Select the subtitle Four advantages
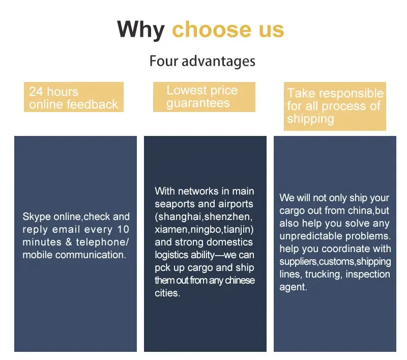pyautogui.click(x=202, y=62)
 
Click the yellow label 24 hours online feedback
pyautogui.click(x=74, y=98)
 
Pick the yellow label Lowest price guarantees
pyautogui.click(x=203, y=97)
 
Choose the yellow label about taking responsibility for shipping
pyautogui.click(x=335, y=106)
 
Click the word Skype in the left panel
pyautogui.click(x=37, y=217)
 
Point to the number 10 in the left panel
pyautogui.click(x=123, y=230)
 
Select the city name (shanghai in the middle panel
pyautogui.click(x=179, y=216)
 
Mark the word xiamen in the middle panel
pyautogui.click(x=171, y=229)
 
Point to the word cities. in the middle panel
pyautogui.click(x=167, y=293)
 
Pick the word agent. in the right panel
pyautogui.click(x=293, y=287)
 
